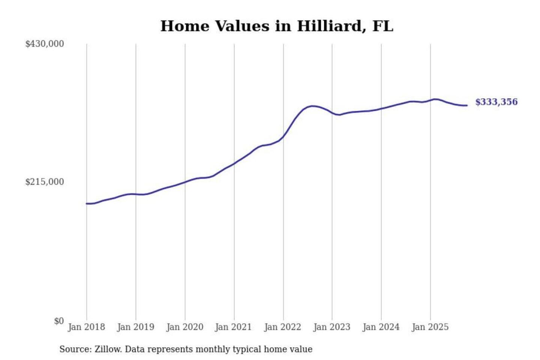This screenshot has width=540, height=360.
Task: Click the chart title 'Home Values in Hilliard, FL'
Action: (277, 26)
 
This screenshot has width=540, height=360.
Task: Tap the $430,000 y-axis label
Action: (45, 44)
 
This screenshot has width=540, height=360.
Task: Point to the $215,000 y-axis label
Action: (45, 182)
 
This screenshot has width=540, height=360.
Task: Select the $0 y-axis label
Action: (59, 321)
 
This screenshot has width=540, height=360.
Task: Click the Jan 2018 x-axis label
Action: (86, 327)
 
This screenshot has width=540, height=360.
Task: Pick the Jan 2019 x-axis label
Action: (135, 327)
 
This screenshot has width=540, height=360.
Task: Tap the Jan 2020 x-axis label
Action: (184, 327)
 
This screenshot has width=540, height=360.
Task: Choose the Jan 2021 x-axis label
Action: (233, 327)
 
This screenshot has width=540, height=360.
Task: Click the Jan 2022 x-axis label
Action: (282, 327)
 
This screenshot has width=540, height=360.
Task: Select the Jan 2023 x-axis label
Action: (331, 327)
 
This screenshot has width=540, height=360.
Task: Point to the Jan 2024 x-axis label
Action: (381, 327)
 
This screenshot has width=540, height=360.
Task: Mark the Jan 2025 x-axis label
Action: (430, 327)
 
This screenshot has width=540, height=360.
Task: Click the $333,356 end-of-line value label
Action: (496, 102)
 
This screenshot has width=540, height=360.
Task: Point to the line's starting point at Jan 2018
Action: (87, 204)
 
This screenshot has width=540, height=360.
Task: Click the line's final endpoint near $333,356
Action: (467, 105)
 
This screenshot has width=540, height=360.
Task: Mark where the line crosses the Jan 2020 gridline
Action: (185, 182)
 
